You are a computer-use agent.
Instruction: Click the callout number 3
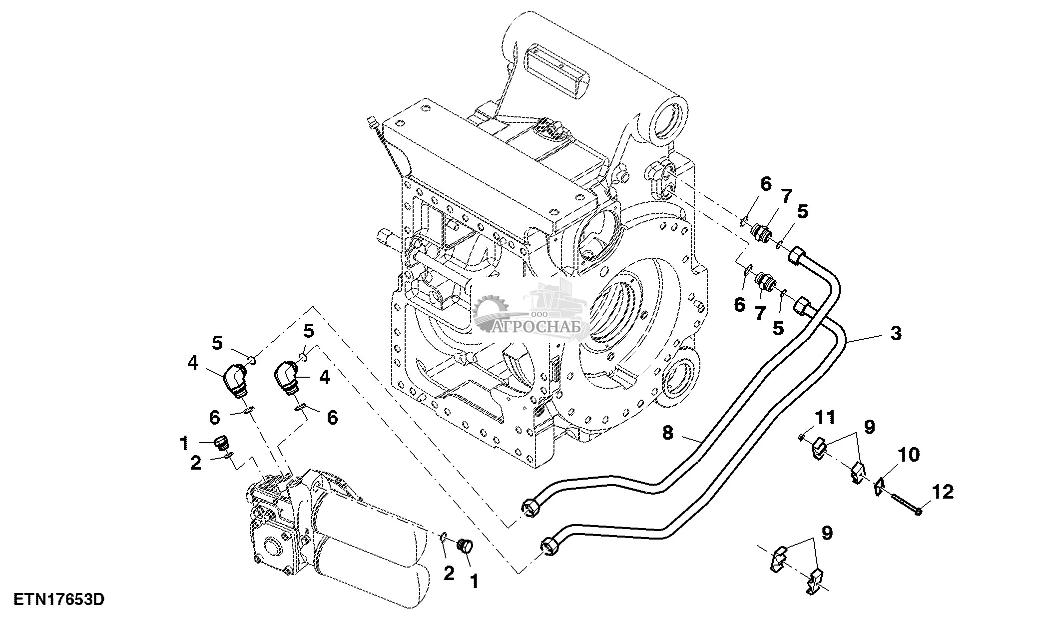pos(896,333)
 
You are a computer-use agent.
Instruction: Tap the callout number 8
pos(668,432)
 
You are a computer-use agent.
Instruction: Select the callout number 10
pos(909,455)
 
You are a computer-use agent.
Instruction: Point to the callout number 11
pos(825,417)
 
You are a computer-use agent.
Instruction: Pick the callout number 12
pos(943,492)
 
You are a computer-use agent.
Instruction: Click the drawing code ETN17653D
pos(58,599)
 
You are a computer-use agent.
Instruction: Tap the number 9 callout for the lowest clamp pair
pos(827,533)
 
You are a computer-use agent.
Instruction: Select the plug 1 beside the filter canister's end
pos(465,547)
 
